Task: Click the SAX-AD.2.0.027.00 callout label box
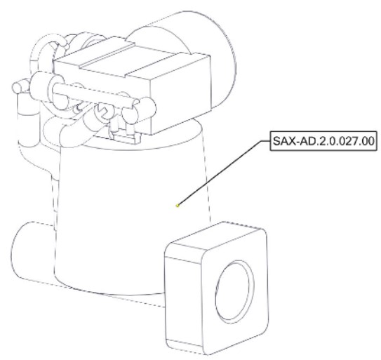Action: click(323, 141)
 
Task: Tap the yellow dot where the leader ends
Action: click(178, 206)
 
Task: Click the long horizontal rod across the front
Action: click(95, 93)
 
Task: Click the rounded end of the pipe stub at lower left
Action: click(17, 252)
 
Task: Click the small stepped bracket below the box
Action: click(126, 138)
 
